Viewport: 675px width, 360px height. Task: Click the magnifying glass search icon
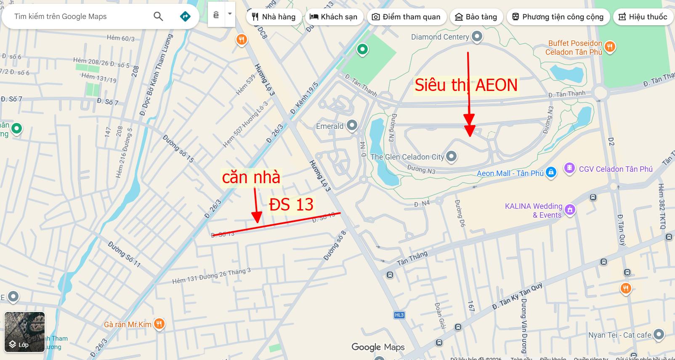158,16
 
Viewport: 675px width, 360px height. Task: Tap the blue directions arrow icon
185,16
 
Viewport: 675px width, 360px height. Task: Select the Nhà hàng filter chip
274,17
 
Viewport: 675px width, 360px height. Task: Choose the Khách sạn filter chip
333,17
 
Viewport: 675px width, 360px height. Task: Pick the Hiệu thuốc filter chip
643,17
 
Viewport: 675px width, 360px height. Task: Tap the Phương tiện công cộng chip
558,17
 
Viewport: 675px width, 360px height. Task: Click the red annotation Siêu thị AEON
466,85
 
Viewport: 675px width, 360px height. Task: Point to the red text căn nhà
251,177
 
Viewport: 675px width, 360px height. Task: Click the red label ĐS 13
291,205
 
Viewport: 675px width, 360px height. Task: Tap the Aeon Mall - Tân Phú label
510,173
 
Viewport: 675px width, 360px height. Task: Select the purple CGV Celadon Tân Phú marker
569,168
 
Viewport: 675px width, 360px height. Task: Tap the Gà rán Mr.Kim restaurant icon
159,324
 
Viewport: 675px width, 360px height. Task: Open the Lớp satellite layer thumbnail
24,332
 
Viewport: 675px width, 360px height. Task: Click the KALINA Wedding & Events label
534,211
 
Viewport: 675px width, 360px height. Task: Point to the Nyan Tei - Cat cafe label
619,335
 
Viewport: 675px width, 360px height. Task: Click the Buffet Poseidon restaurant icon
610,46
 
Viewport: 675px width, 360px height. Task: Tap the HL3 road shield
399,315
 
